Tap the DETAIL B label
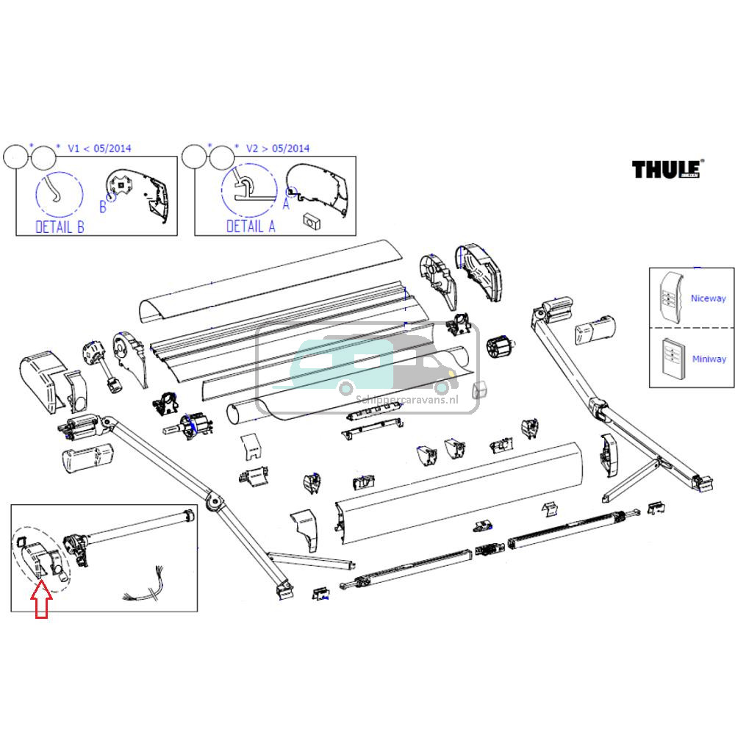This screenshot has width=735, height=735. coord(60,227)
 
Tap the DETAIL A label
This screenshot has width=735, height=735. coord(251,226)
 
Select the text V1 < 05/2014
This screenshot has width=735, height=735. coord(99,148)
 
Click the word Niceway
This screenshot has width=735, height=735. coord(708,298)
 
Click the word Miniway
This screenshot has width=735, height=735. coord(709,359)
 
